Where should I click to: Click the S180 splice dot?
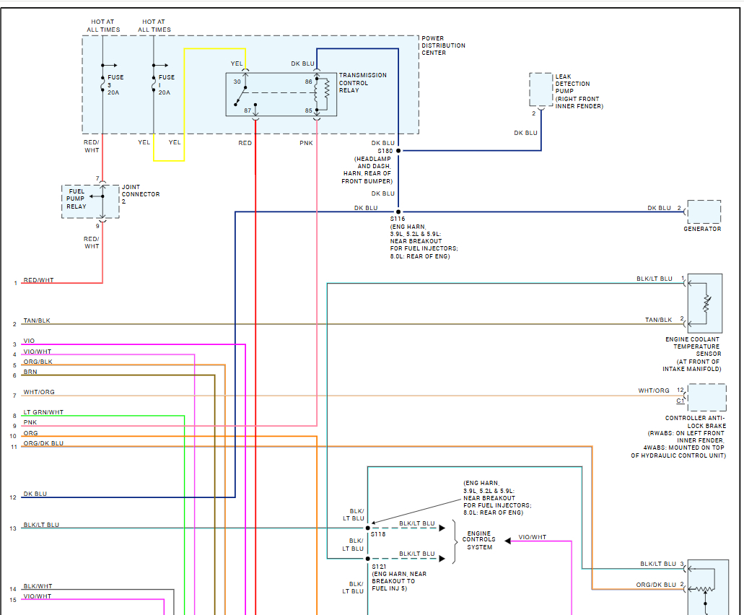(398, 151)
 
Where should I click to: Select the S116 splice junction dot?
(398, 211)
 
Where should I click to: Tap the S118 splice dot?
(368, 528)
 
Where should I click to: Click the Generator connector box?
(704, 211)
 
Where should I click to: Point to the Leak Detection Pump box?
(541, 90)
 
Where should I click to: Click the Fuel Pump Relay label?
(76, 199)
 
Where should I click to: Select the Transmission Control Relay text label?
(362, 82)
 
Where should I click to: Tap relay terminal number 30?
(237, 82)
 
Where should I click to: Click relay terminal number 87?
(248, 110)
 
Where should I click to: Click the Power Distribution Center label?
(443, 45)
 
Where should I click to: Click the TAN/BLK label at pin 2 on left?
(37, 320)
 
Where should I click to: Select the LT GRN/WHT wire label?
(43, 412)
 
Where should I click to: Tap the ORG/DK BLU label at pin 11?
(43, 443)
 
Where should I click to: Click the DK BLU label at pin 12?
(35, 494)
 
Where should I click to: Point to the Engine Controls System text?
(478, 540)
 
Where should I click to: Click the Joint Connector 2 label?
(141, 194)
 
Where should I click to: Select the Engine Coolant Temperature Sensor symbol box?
(705, 303)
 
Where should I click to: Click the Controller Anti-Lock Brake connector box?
(707, 397)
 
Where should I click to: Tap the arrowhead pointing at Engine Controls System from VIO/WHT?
(508, 541)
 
